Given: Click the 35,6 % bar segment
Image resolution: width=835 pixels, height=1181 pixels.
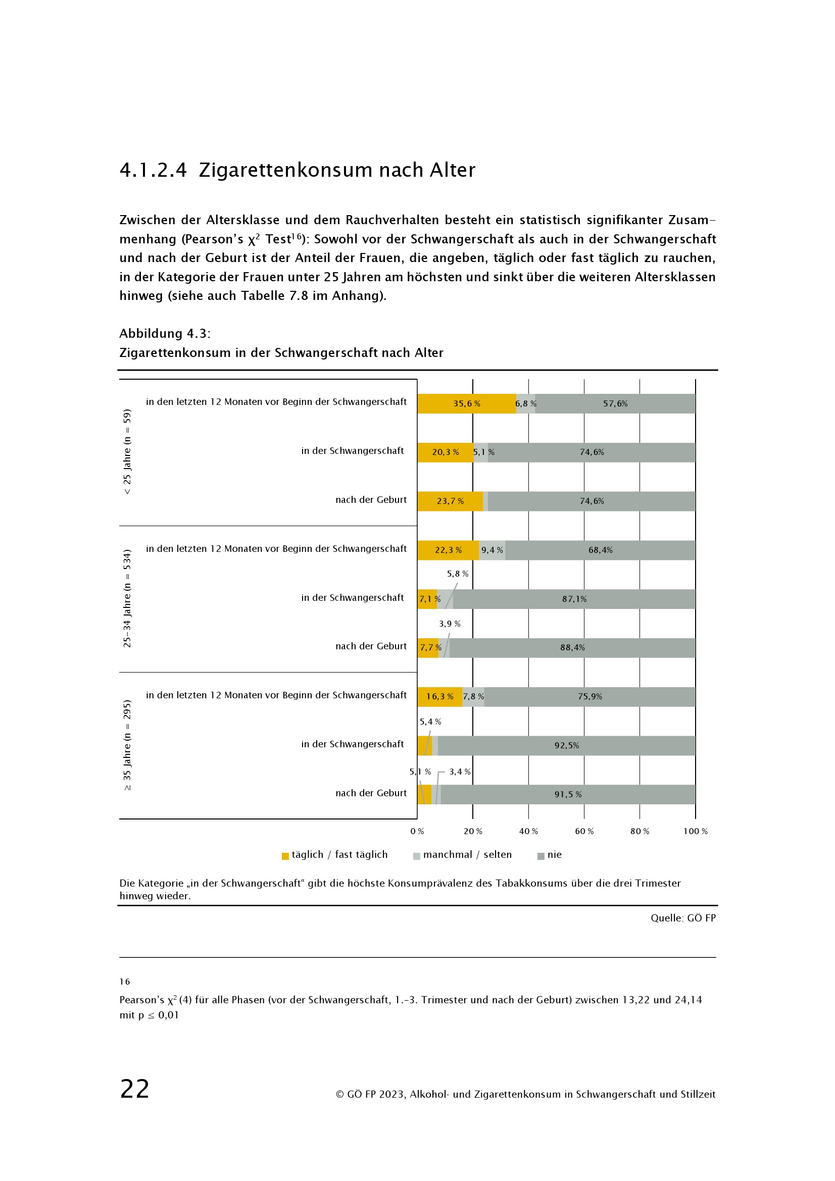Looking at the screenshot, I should pyautogui.click(x=466, y=404).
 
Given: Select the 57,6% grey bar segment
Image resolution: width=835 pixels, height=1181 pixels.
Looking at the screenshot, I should pyautogui.click(x=615, y=404).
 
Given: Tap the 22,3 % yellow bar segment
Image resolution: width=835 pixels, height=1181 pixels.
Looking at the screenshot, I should pyautogui.click(x=448, y=550).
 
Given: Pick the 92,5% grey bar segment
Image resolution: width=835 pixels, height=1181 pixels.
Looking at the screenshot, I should pyautogui.click(x=566, y=745).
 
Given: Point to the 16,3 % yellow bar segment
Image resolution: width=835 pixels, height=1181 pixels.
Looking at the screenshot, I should pyautogui.click(x=439, y=696).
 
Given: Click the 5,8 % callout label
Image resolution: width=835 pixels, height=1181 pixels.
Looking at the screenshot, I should pyautogui.click(x=457, y=574).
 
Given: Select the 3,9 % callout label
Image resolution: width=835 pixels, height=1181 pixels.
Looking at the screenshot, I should pyautogui.click(x=449, y=624).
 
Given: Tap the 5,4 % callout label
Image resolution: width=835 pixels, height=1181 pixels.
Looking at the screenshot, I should pyautogui.click(x=430, y=722).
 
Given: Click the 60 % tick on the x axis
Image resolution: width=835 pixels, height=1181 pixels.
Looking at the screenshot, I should pyautogui.click(x=584, y=831).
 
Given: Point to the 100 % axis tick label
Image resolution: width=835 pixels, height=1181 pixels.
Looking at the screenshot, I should pyautogui.click(x=695, y=831).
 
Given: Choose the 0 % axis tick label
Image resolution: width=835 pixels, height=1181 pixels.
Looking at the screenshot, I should pyautogui.click(x=417, y=831).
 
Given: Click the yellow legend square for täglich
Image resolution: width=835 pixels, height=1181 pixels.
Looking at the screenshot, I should pyautogui.click(x=285, y=856).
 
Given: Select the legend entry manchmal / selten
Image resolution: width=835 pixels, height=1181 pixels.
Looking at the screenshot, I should pyautogui.click(x=467, y=855).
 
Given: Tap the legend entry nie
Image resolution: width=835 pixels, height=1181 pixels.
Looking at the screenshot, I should pyautogui.click(x=554, y=855).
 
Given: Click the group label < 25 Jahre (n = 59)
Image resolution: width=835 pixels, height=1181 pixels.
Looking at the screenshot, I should pyautogui.click(x=127, y=451).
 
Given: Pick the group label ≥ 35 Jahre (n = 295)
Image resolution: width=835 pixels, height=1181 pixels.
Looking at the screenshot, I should pyautogui.click(x=127, y=745).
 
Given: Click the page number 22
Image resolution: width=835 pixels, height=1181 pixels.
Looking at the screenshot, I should pyautogui.click(x=135, y=1089).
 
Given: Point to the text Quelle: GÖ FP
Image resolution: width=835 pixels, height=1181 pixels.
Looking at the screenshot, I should pyautogui.click(x=683, y=918).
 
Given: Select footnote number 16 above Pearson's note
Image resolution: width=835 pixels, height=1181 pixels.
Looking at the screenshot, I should pyautogui.click(x=124, y=982).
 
